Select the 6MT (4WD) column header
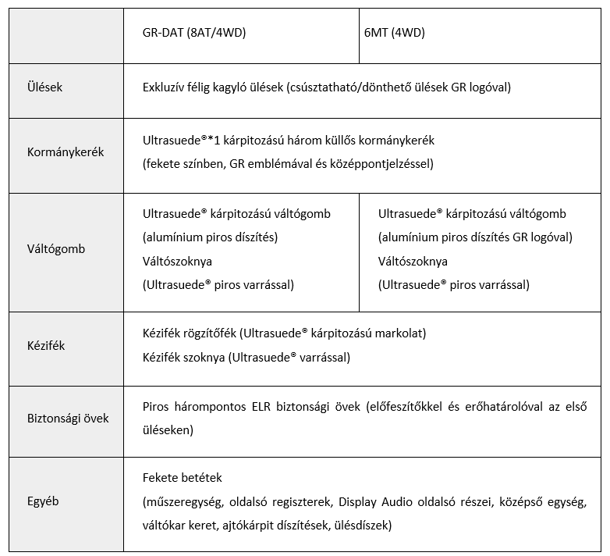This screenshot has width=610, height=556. [x=402, y=33]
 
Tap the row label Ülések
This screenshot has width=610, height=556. [x=44, y=87]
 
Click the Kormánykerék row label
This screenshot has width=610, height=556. [x=66, y=152]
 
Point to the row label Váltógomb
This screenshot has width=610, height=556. [x=56, y=249]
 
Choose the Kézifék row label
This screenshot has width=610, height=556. [x=46, y=346]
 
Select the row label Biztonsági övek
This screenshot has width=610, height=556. [x=68, y=418]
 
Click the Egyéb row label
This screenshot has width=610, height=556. [x=44, y=501]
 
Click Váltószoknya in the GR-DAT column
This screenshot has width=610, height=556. [x=178, y=261]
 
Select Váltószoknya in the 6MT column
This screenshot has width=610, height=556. [x=413, y=261]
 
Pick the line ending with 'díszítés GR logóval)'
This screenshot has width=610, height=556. [x=475, y=237]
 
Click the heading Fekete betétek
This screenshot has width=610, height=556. [x=183, y=477]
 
